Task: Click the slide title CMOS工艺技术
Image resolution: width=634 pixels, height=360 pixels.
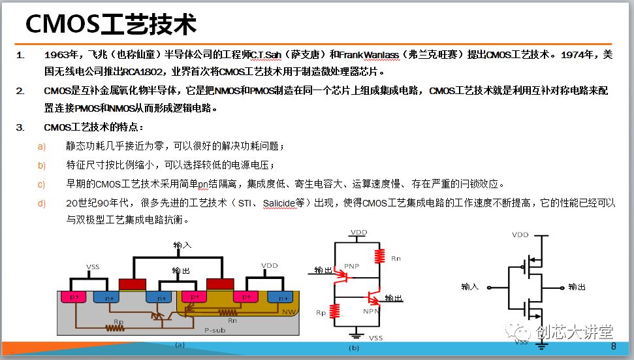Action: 110,25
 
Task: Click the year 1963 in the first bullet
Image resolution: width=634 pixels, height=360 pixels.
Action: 55,54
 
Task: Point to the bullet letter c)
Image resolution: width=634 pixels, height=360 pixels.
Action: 42,184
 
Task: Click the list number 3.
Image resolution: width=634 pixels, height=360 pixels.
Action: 20,126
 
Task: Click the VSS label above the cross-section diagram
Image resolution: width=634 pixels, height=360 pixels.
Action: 93,267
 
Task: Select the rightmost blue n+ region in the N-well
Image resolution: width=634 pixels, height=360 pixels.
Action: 283,297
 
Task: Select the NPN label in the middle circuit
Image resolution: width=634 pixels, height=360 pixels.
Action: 372,312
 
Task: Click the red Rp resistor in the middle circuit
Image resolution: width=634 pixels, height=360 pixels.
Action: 336,312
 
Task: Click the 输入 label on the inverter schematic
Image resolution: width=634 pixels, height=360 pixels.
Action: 470,286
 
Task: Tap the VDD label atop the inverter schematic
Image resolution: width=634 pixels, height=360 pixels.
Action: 520,234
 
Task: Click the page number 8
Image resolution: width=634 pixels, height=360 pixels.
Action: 613,346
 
